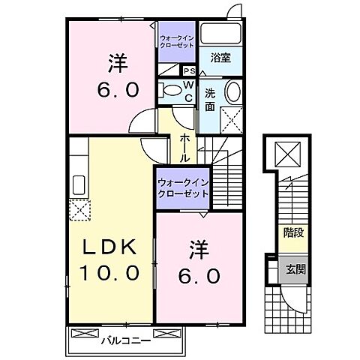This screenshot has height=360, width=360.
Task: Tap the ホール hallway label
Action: (184, 147)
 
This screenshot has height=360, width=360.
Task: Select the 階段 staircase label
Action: (293, 233)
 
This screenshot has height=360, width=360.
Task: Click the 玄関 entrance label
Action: (293, 269)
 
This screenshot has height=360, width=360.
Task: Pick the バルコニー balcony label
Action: (121, 340)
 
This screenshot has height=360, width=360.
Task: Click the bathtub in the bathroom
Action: (222, 34)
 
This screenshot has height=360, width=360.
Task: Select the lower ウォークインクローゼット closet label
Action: (182, 188)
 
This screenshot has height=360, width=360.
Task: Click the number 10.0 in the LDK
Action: (109, 274)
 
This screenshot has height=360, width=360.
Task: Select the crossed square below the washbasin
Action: (230, 120)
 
